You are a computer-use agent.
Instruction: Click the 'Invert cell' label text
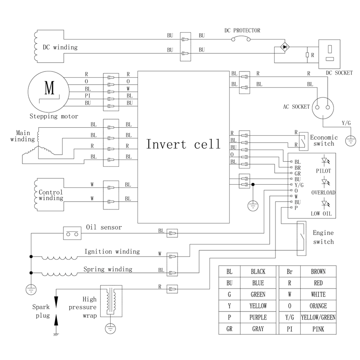tap(183, 144)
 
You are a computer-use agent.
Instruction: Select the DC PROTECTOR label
tap(242, 31)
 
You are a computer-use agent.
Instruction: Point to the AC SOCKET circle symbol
tap(324, 107)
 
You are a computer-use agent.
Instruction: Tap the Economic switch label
tap(322, 141)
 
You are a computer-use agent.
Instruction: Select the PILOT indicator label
tap(324, 171)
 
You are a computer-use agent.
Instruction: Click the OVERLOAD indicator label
tap(324, 192)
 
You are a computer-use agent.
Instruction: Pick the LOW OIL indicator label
tap(321, 213)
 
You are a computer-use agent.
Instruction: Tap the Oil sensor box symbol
tap(71, 233)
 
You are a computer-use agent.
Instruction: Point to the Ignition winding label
tap(112, 252)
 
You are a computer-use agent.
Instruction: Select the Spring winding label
tap(108, 269)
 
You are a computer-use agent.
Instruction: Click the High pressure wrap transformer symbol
tap(110, 302)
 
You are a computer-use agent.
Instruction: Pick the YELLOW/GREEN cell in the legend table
tap(318, 317)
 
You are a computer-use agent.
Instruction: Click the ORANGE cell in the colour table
tap(318, 306)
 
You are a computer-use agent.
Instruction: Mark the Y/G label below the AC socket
tap(346, 123)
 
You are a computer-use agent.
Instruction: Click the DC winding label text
tap(60, 47)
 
